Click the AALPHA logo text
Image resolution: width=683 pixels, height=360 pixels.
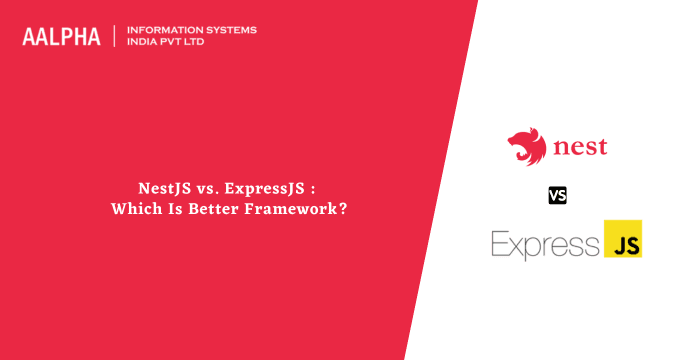point(62,36)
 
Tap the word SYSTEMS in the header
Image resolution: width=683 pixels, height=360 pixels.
point(229,30)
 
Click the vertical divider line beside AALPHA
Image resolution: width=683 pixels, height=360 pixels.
point(115,36)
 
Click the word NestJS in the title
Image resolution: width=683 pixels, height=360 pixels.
point(163,188)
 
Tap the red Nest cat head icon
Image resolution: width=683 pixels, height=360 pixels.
point(527,148)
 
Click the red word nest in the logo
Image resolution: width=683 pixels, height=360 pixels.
point(579,150)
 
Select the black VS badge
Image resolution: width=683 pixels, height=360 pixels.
point(558,195)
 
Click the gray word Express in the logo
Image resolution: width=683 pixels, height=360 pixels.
point(542,244)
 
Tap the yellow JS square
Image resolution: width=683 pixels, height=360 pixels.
point(623,240)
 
